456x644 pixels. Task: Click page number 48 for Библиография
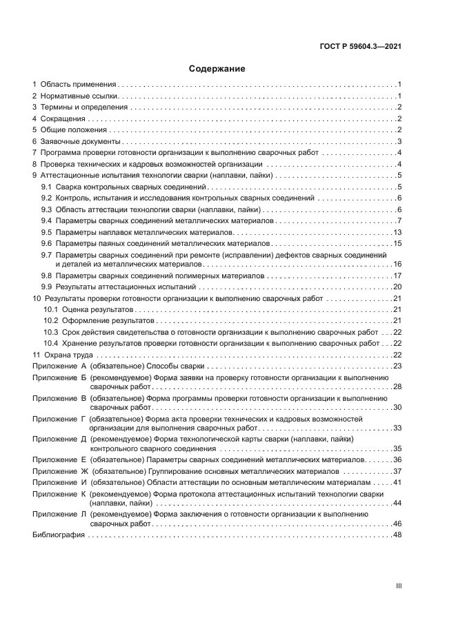(x=397, y=535)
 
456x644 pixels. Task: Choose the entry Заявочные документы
(x=81, y=141)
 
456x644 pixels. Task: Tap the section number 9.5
(x=46, y=233)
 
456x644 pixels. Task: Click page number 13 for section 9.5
(x=397, y=233)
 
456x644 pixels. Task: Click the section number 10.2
(x=50, y=321)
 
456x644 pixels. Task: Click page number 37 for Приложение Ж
(x=397, y=471)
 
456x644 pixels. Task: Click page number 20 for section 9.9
(x=397, y=287)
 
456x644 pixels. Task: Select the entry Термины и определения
(x=83, y=107)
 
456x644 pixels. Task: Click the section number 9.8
(x=46, y=276)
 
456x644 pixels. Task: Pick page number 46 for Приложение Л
(x=397, y=524)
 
